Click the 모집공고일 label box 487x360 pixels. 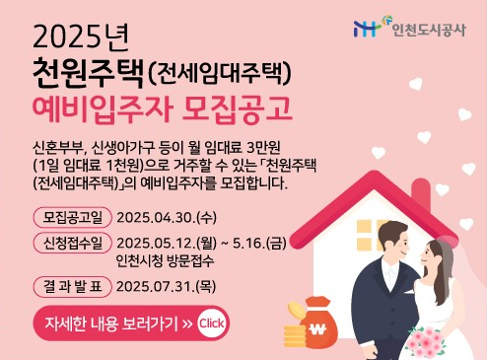click(x=72, y=216)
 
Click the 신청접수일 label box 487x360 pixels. click(x=72, y=243)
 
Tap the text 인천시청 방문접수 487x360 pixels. click(x=164, y=261)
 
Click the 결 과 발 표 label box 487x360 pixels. click(x=72, y=287)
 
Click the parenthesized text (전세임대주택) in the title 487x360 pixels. click(x=222, y=73)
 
